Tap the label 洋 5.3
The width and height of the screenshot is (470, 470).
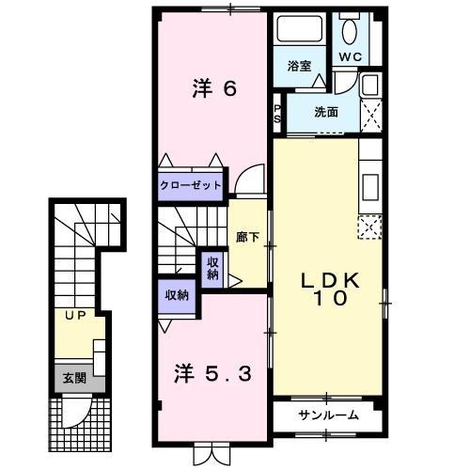(x=213, y=373)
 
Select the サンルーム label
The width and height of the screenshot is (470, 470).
(x=328, y=415)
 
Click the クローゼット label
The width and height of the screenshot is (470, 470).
(x=191, y=185)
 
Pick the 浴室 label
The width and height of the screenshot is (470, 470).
(x=300, y=66)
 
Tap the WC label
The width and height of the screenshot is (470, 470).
(x=350, y=56)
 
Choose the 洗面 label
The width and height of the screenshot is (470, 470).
(x=325, y=112)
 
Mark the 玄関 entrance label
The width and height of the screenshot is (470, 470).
(x=73, y=379)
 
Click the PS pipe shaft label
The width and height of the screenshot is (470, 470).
(x=278, y=114)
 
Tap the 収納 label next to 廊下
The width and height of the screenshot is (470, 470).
(x=212, y=268)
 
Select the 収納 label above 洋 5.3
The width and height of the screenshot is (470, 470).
(x=177, y=295)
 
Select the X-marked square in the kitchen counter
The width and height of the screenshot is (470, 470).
(x=370, y=227)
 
